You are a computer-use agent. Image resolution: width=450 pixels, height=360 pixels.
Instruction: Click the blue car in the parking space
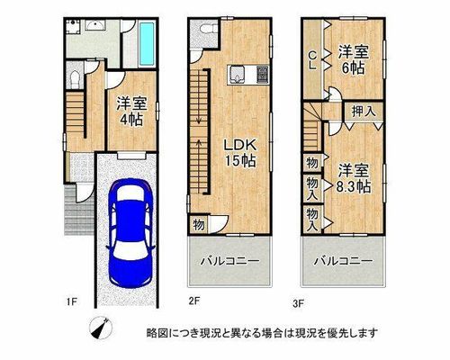pyautogui.click(x=130, y=233)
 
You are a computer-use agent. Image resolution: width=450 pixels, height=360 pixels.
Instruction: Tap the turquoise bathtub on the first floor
pyautogui.click(x=147, y=44)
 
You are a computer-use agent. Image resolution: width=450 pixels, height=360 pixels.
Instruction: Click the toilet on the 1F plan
pyautogui.click(x=74, y=79)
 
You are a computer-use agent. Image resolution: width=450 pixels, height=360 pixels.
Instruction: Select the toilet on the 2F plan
pyautogui.click(x=209, y=29)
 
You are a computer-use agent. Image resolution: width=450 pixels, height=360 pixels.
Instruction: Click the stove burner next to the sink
pyautogui.click(x=262, y=75)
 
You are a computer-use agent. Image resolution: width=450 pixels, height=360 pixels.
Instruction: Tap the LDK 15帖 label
pyautogui.click(x=240, y=153)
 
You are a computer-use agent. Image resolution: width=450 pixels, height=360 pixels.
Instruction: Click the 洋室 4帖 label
pyautogui.click(x=131, y=112)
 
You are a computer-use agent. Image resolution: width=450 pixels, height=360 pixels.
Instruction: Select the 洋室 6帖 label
pyautogui.click(x=354, y=60)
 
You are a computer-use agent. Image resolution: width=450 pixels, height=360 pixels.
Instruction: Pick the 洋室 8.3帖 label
pyautogui.click(x=354, y=179)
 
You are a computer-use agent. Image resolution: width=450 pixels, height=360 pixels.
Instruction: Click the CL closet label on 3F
pyautogui.click(x=312, y=60)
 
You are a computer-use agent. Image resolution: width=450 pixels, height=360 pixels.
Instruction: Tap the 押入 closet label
pyautogui.click(x=364, y=112)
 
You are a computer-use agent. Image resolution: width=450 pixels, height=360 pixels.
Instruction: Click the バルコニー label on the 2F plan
pyautogui.click(x=229, y=261)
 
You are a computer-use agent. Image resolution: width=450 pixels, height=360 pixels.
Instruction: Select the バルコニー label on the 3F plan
pyautogui.click(x=343, y=261)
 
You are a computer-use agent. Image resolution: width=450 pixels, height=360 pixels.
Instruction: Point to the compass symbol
pyautogui.click(x=101, y=328)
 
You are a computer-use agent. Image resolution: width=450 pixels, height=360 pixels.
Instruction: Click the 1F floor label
pyautogui.click(x=72, y=301)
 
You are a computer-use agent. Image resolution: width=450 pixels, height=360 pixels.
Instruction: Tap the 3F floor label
pyautogui.click(x=299, y=303)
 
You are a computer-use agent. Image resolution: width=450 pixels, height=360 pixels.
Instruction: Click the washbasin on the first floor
pyautogui.click(x=94, y=26)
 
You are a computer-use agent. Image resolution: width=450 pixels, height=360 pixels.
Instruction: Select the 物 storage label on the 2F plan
pyautogui.click(x=199, y=224)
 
